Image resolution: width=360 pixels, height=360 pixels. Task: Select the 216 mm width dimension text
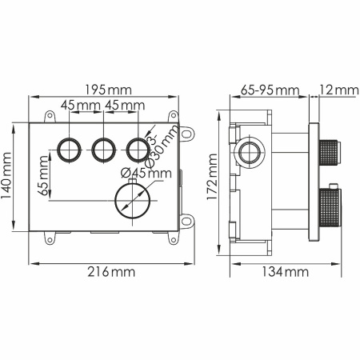(x=112, y=273)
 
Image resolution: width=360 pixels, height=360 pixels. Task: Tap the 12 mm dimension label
(x=335, y=89)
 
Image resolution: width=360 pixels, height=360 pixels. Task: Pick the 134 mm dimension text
(x=286, y=273)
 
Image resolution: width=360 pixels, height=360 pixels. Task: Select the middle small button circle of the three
(x=102, y=148)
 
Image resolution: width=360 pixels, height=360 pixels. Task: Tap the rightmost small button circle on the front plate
(x=138, y=148)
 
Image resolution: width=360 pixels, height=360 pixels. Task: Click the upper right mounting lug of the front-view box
(x=188, y=134)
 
